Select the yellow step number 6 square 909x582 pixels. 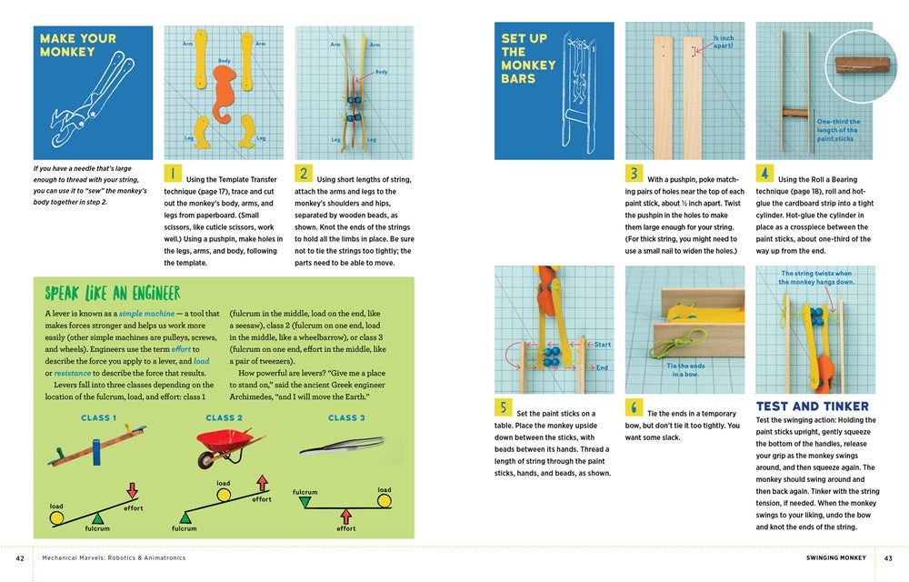click(x=634, y=407)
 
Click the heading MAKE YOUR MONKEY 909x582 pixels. click(x=78, y=45)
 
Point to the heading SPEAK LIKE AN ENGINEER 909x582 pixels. click(x=113, y=293)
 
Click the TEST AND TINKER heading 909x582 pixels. click(x=812, y=406)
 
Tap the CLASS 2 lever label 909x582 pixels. click(x=224, y=418)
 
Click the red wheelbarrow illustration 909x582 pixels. click(x=224, y=447)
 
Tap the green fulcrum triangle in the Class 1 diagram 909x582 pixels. click(x=97, y=517)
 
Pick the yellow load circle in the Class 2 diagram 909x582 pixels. click(x=223, y=496)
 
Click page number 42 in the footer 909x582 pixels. click(x=20, y=557)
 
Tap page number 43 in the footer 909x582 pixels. click(x=888, y=557)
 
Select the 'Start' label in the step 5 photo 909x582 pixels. click(x=603, y=345)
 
